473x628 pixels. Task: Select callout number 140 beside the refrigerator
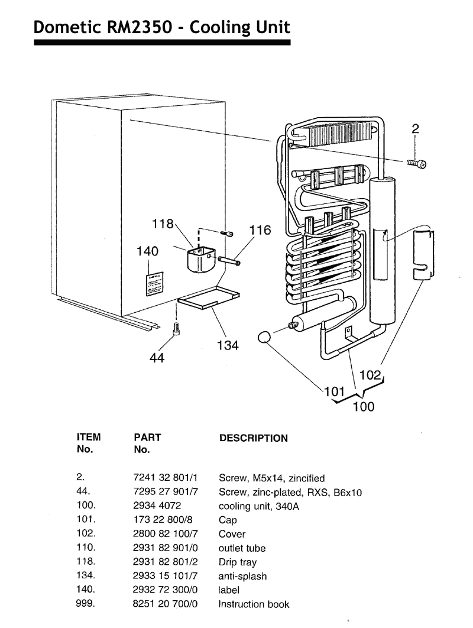click(x=147, y=251)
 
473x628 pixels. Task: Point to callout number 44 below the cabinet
click(x=156, y=358)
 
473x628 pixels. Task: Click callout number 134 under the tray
click(x=228, y=345)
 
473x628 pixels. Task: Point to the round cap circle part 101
click(x=264, y=338)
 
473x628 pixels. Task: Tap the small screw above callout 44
click(x=175, y=329)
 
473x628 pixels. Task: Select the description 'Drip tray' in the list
click(x=238, y=562)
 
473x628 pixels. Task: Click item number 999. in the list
click(x=87, y=604)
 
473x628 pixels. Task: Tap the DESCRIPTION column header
click(x=254, y=438)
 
